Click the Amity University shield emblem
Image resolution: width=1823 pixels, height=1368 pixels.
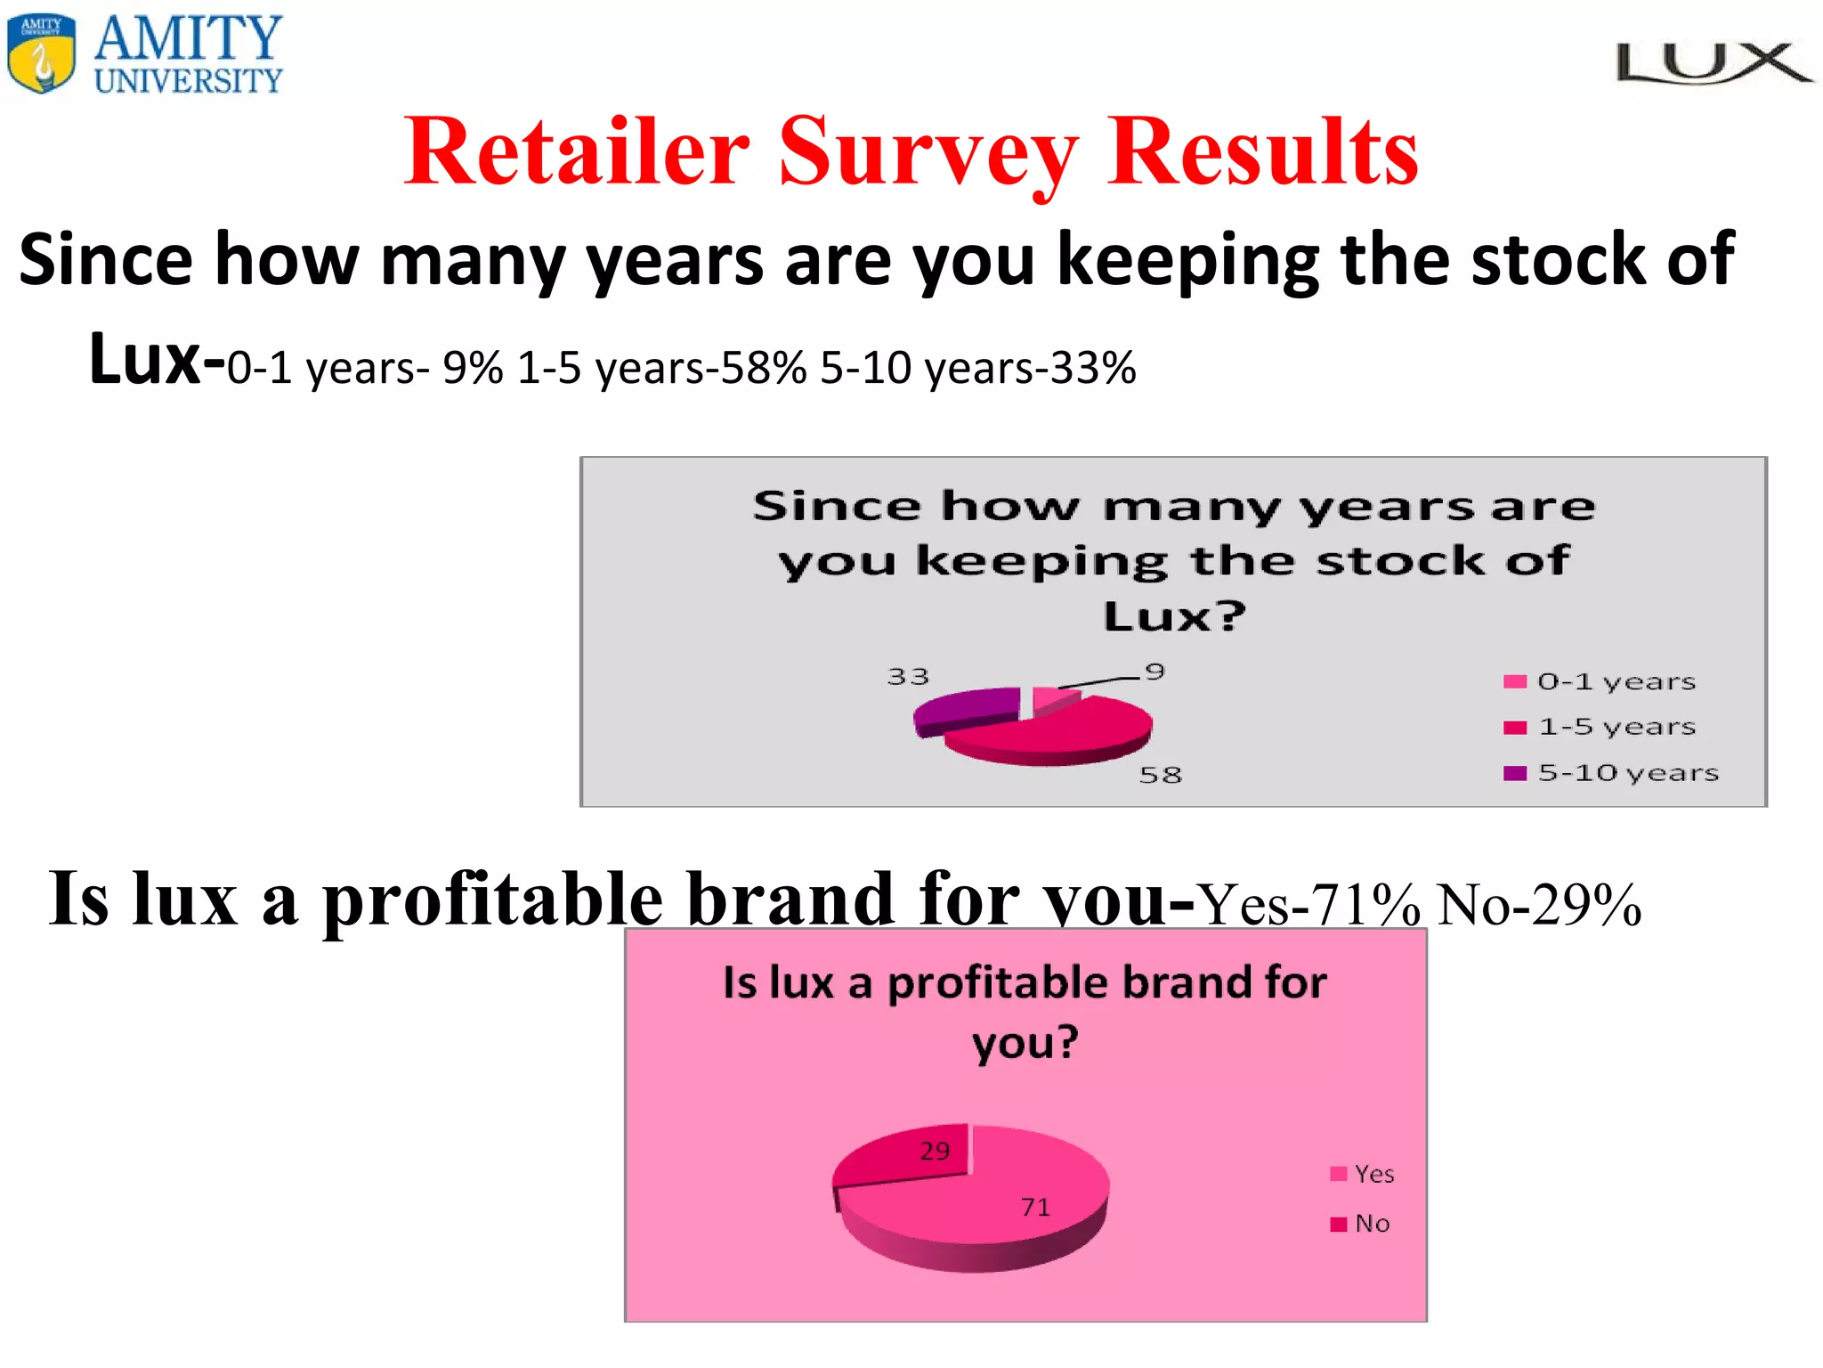(41, 54)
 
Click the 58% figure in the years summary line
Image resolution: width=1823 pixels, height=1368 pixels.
(763, 368)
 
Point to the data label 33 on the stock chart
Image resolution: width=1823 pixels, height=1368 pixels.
(908, 677)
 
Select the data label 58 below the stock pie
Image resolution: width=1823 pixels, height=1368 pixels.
(1161, 775)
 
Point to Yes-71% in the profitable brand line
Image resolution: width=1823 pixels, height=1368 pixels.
(1309, 905)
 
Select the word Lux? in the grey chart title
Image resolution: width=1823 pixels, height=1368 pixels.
(1174, 616)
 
